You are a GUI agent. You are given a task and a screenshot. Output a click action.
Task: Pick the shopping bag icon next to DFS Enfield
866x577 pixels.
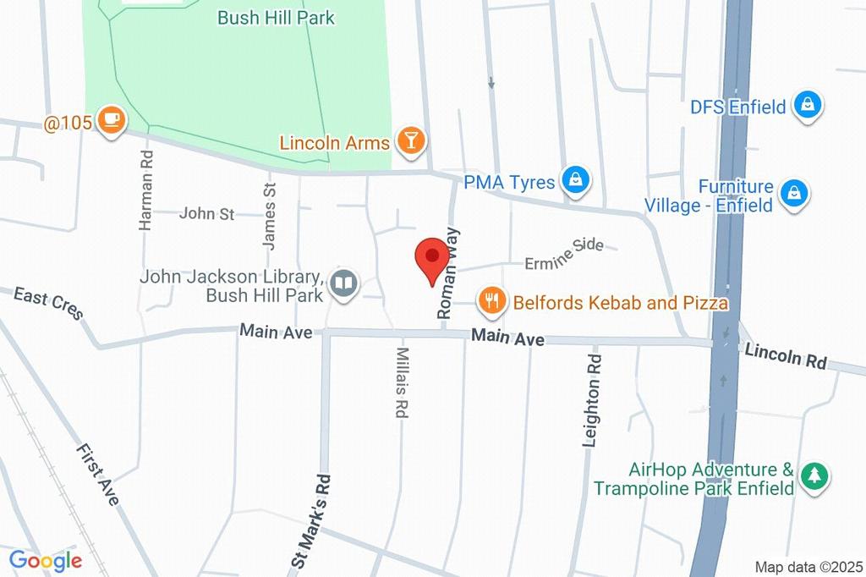point(809,105)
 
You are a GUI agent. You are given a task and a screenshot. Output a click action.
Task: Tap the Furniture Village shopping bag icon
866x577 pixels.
point(795,193)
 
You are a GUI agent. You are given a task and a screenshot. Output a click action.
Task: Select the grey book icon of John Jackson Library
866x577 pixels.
point(344,283)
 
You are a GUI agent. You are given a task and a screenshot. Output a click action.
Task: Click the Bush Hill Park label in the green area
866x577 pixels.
point(276,18)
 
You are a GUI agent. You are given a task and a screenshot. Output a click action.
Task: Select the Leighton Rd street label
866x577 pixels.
point(594,399)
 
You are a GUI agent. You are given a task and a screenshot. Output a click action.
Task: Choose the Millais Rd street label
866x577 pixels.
point(402,383)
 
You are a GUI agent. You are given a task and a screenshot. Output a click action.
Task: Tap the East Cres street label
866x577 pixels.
point(49,303)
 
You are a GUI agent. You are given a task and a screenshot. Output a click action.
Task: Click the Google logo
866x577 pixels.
point(45,560)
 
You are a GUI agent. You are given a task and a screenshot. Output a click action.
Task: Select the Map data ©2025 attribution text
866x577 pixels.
point(808,566)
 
